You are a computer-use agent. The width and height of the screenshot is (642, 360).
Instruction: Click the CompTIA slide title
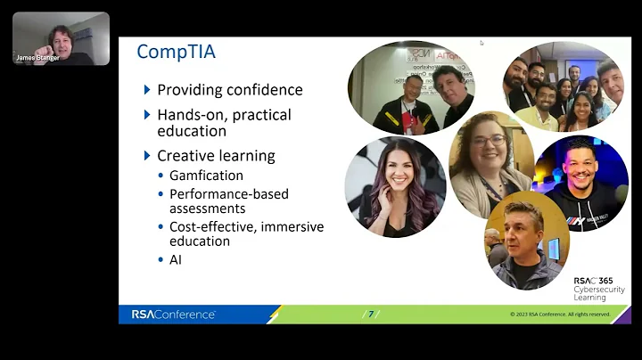tap(176, 52)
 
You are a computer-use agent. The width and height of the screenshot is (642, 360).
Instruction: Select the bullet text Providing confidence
tap(229, 90)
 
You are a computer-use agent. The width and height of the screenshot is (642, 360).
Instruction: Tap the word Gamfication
tap(206, 176)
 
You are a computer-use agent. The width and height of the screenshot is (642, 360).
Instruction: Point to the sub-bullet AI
tap(176, 259)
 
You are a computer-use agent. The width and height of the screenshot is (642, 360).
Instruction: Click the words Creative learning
tap(216, 156)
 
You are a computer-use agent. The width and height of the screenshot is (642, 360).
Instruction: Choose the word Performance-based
tap(229, 193)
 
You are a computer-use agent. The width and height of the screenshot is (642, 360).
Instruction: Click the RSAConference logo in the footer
tap(173, 314)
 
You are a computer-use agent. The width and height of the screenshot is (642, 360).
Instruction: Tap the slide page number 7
tap(371, 314)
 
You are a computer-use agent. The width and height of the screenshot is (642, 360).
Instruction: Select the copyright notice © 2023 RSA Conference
tap(559, 314)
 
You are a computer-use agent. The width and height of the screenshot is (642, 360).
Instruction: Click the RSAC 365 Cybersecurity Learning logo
tap(599, 289)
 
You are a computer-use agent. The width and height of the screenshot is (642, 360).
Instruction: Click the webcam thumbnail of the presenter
tap(61, 37)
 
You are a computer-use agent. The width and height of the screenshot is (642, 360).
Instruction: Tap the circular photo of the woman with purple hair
tap(395, 186)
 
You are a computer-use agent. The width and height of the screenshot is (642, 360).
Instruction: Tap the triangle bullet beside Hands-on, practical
tap(147, 115)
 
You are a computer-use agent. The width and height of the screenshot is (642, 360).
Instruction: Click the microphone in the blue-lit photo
tap(621, 192)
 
